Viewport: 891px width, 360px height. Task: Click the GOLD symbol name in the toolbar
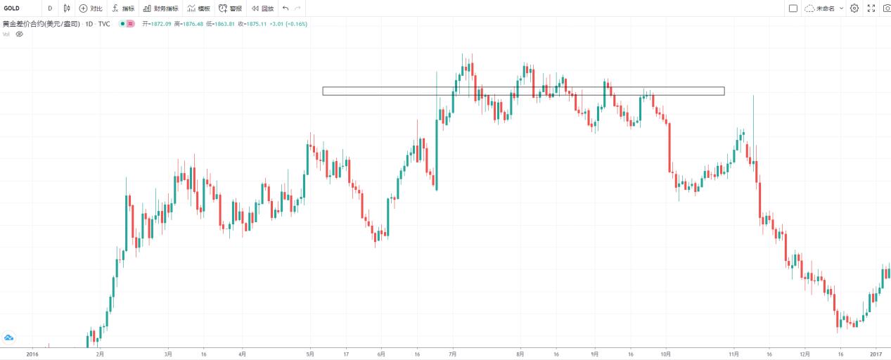tap(11, 8)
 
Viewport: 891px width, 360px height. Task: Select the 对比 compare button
tap(91, 8)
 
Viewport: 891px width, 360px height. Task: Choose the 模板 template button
tap(198, 8)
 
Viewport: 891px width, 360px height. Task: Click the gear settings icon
tap(854, 8)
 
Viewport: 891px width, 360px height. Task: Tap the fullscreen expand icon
tap(871, 8)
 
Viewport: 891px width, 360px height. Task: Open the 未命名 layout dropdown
tap(824, 8)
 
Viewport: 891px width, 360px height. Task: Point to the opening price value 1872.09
tap(159, 24)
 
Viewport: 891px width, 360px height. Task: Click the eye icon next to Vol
tap(20, 34)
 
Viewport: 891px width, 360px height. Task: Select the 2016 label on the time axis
tap(32, 354)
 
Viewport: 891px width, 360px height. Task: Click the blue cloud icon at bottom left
tap(9, 338)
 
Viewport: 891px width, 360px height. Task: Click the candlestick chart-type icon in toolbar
tap(66, 8)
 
